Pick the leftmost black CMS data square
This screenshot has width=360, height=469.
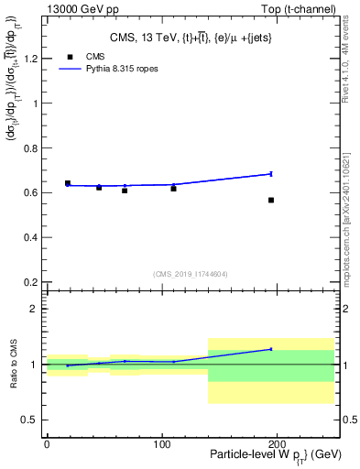(x=68, y=183)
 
